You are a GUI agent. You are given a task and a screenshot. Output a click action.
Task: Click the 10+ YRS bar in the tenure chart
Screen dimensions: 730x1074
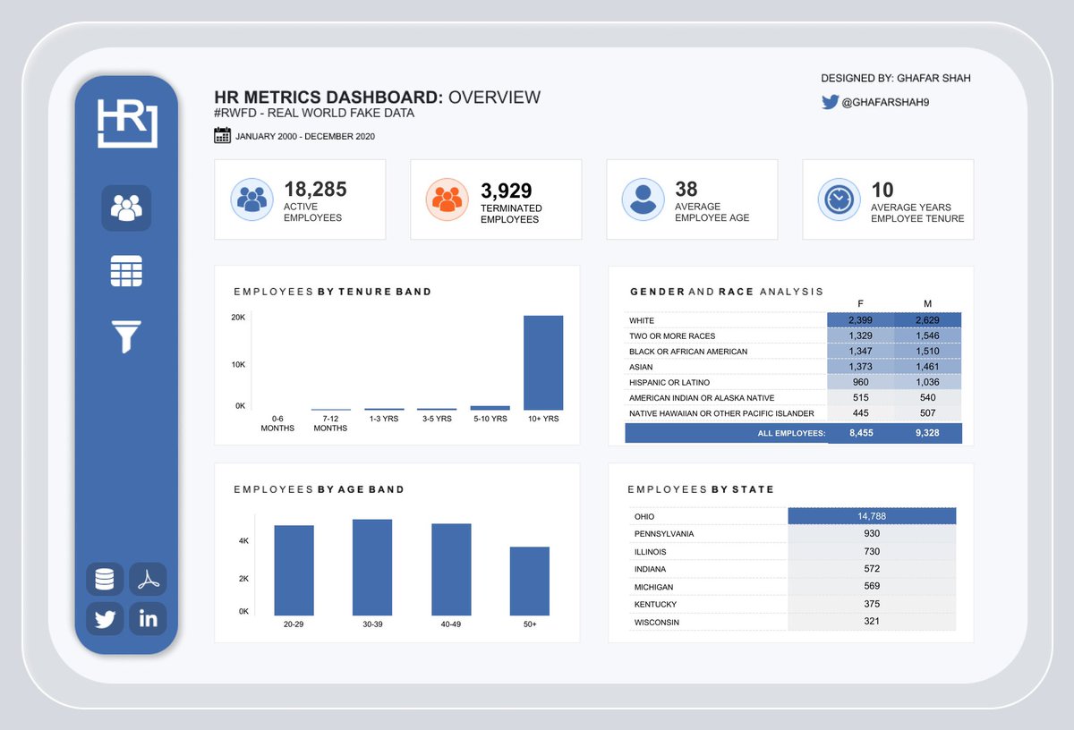click(x=543, y=362)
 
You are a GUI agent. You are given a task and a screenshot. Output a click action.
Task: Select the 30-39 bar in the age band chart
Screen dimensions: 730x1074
click(x=372, y=567)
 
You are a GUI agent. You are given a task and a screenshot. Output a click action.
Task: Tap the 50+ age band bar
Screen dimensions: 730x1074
click(x=530, y=581)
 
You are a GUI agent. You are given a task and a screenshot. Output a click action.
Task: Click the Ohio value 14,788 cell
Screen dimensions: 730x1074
click(x=872, y=516)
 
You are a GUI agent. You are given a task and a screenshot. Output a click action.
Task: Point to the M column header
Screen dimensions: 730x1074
click(x=927, y=303)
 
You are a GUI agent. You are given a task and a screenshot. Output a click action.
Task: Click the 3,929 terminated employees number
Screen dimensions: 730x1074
click(x=507, y=191)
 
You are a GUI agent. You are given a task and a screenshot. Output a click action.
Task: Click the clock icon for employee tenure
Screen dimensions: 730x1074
click(x=839, y=199)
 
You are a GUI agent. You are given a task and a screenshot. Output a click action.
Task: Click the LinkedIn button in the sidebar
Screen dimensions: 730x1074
click(x=148, y=618)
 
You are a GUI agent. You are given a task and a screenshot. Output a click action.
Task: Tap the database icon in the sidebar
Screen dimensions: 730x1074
click(x=105, y=580)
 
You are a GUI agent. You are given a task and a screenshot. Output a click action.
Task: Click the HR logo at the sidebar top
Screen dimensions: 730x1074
click(x=126, y=123)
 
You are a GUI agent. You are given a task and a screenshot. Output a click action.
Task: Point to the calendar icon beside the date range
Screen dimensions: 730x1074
click(x=223, y=136)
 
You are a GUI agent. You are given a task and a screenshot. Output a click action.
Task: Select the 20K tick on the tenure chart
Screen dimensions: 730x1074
click(x=238, y=318)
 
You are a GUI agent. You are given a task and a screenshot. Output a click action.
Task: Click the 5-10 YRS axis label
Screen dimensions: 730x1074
click(x=490, y=418)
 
